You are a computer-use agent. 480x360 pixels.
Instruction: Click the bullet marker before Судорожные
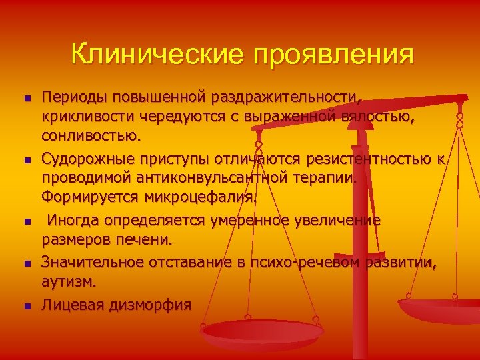pyautogui.click(x=27, y=160)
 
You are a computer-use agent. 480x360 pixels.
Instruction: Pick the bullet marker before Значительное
pyautogui.click(x=27, y=265)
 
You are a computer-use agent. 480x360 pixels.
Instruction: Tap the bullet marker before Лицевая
pyautogui.click(x=27, y=306)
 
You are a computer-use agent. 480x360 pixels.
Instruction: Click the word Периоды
pyautogui.click(x=74, y=97)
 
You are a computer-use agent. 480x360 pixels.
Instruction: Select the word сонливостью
pyautogui.click(x=91, y=137)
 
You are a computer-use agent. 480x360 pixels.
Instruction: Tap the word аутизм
pyautogui.click(x=69, y=283)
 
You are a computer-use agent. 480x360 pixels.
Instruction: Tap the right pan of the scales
pyautogui.click(x=440, y=310)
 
